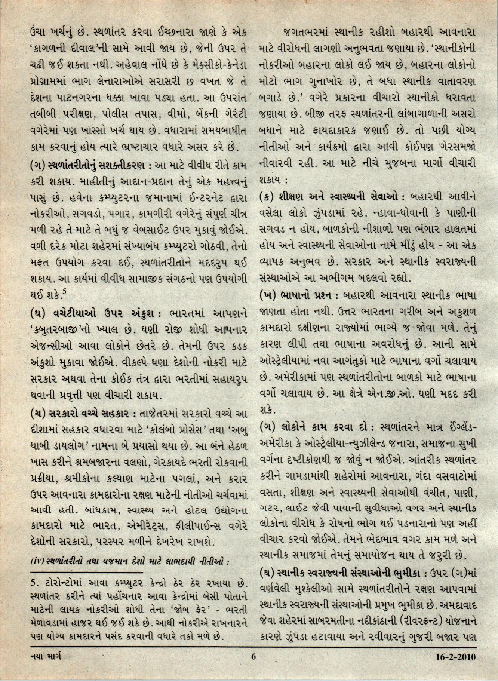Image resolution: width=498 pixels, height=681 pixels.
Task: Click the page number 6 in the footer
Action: point(253,666)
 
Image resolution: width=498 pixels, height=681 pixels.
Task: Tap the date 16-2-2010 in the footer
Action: point(455,666)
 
